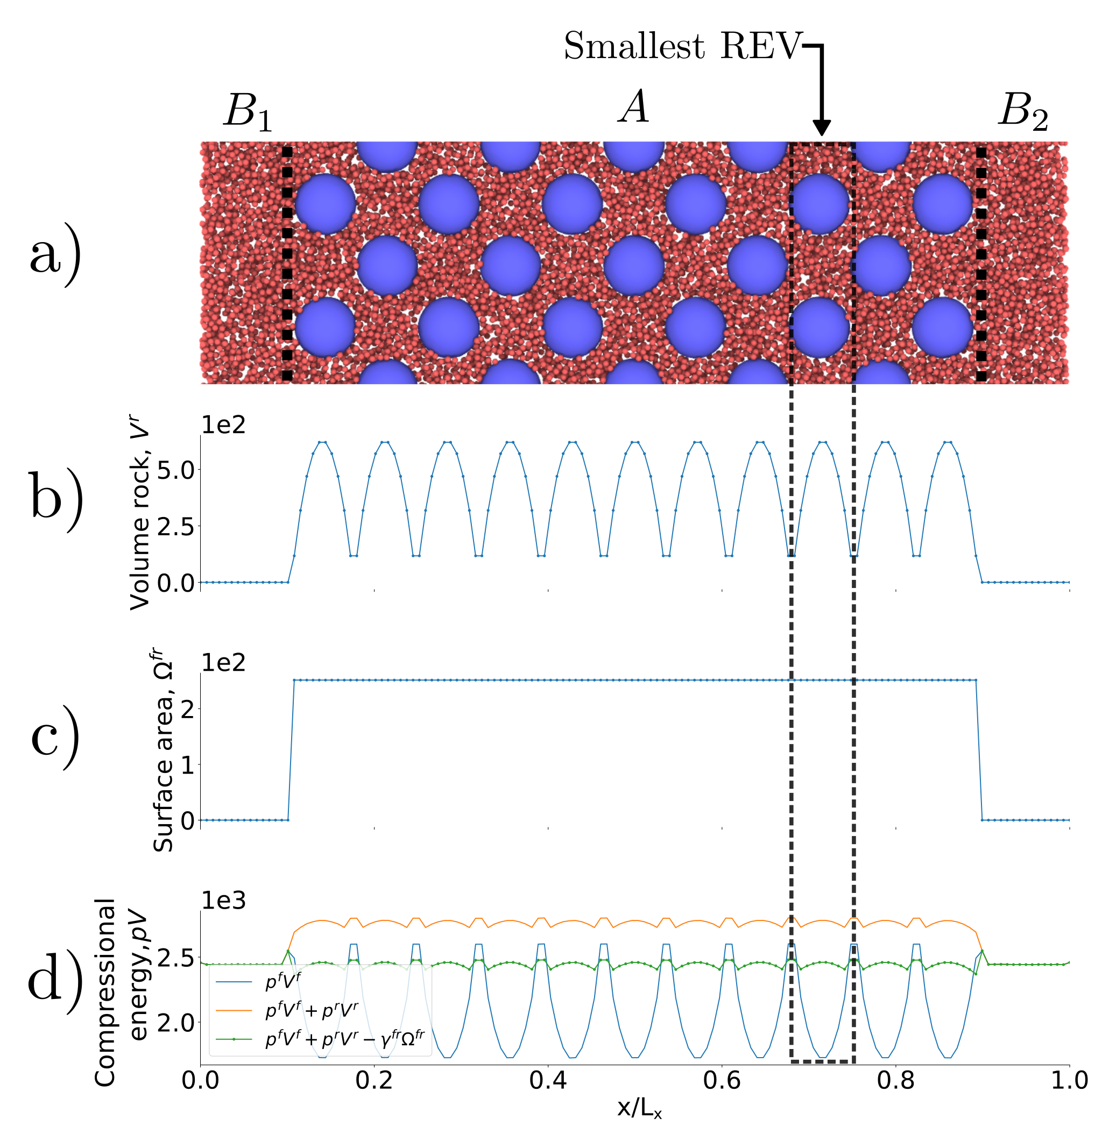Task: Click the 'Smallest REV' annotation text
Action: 682,46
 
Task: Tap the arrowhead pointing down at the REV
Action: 822,127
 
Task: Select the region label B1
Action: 248,111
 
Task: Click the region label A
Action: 634,107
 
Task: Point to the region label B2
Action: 1023,111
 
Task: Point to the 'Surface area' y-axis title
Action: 163,749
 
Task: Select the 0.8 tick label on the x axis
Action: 895,1080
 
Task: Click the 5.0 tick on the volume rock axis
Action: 175,470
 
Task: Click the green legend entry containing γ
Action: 344,1039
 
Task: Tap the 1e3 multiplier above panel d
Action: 223,901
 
